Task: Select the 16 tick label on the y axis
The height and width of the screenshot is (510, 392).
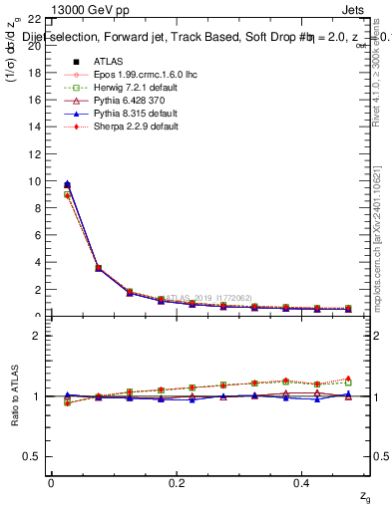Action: click(x=35, y=101)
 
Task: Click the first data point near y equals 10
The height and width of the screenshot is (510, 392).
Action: click(x=67, y=184)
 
